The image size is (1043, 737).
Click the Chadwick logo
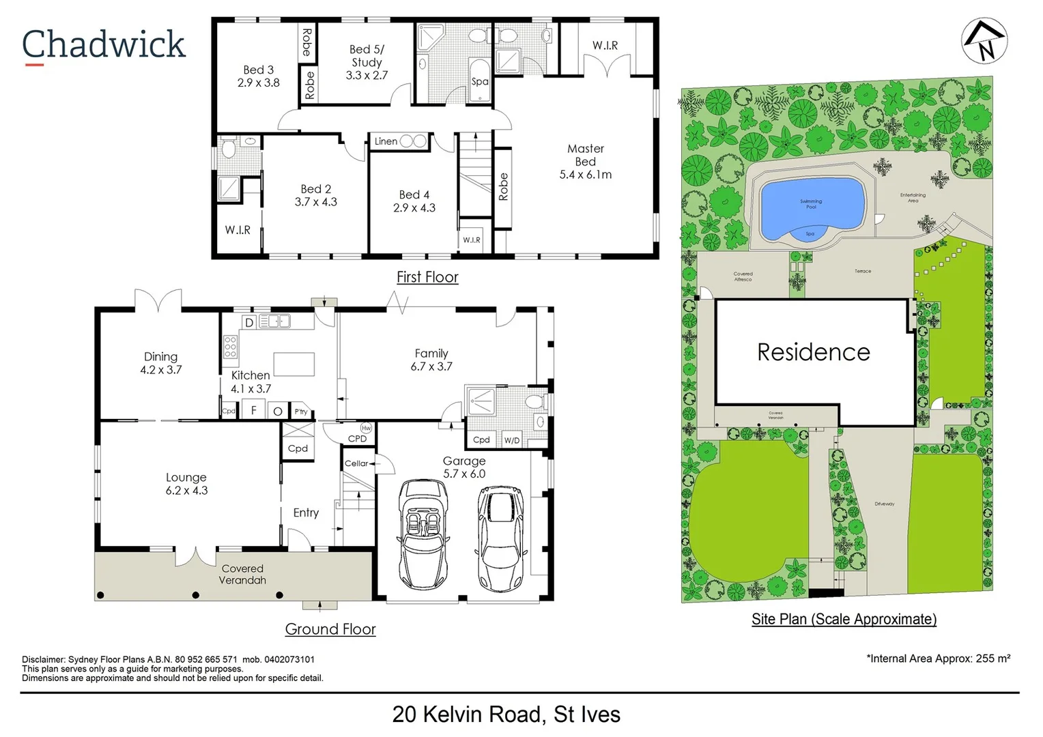104,45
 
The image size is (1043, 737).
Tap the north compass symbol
984,41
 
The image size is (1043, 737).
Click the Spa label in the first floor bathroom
480,81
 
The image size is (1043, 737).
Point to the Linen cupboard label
386,141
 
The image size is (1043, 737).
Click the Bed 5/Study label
367,56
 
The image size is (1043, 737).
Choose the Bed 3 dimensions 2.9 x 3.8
259,83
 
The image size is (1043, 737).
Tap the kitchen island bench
294,364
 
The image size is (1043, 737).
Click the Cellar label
356,463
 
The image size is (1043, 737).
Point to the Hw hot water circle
366,429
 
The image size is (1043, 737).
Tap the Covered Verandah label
242,575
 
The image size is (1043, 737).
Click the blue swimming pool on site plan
812,205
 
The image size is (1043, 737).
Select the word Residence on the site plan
814,352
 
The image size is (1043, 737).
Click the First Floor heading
427,277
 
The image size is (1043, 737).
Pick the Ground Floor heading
330,629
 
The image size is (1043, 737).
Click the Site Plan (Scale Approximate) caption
844,619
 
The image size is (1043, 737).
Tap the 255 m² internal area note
938,659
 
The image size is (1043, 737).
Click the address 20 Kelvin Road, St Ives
506,714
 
